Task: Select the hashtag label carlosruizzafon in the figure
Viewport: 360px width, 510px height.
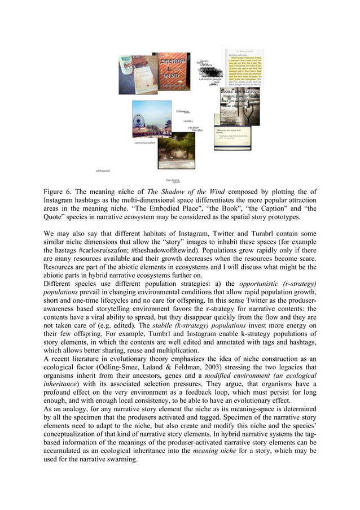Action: click(144, 143)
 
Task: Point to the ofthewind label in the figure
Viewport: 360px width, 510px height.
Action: click(102, 170)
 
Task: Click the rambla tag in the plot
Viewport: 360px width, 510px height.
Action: click(188, 121)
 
